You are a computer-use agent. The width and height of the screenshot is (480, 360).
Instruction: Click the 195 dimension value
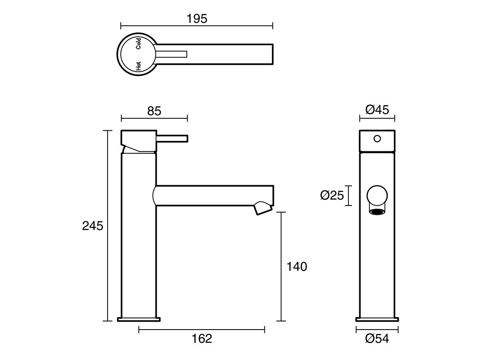pos(197,18)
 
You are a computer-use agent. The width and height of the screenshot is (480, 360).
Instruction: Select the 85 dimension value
pos(154,111)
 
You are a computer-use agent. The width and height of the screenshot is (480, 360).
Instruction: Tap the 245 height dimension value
pos(93,226)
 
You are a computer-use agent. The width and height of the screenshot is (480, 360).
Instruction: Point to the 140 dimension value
pos(297,266)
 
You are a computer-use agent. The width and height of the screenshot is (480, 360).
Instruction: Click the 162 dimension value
pos(202,338)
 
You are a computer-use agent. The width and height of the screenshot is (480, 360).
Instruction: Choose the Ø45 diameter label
pos(377,110)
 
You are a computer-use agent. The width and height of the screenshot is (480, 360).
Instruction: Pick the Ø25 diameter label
pos(332,196)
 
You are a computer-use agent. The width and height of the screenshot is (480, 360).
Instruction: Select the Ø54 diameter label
pos(377,338)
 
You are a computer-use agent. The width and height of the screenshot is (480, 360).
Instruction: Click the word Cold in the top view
pos(138,43)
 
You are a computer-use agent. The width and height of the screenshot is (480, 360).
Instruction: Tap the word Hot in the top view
pos(138,66)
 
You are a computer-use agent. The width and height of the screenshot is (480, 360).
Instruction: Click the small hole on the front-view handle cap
pos(376,139)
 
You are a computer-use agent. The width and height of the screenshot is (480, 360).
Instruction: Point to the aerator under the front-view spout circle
pos(377,212)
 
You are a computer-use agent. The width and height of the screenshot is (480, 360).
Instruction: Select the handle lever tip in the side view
pos(185,138)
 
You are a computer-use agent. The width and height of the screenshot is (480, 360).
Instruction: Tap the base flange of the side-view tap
pos(139,319)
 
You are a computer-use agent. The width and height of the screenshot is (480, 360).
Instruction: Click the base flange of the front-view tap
pos(377,319)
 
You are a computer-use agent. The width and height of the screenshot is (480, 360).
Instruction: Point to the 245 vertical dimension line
pos(107,226)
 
